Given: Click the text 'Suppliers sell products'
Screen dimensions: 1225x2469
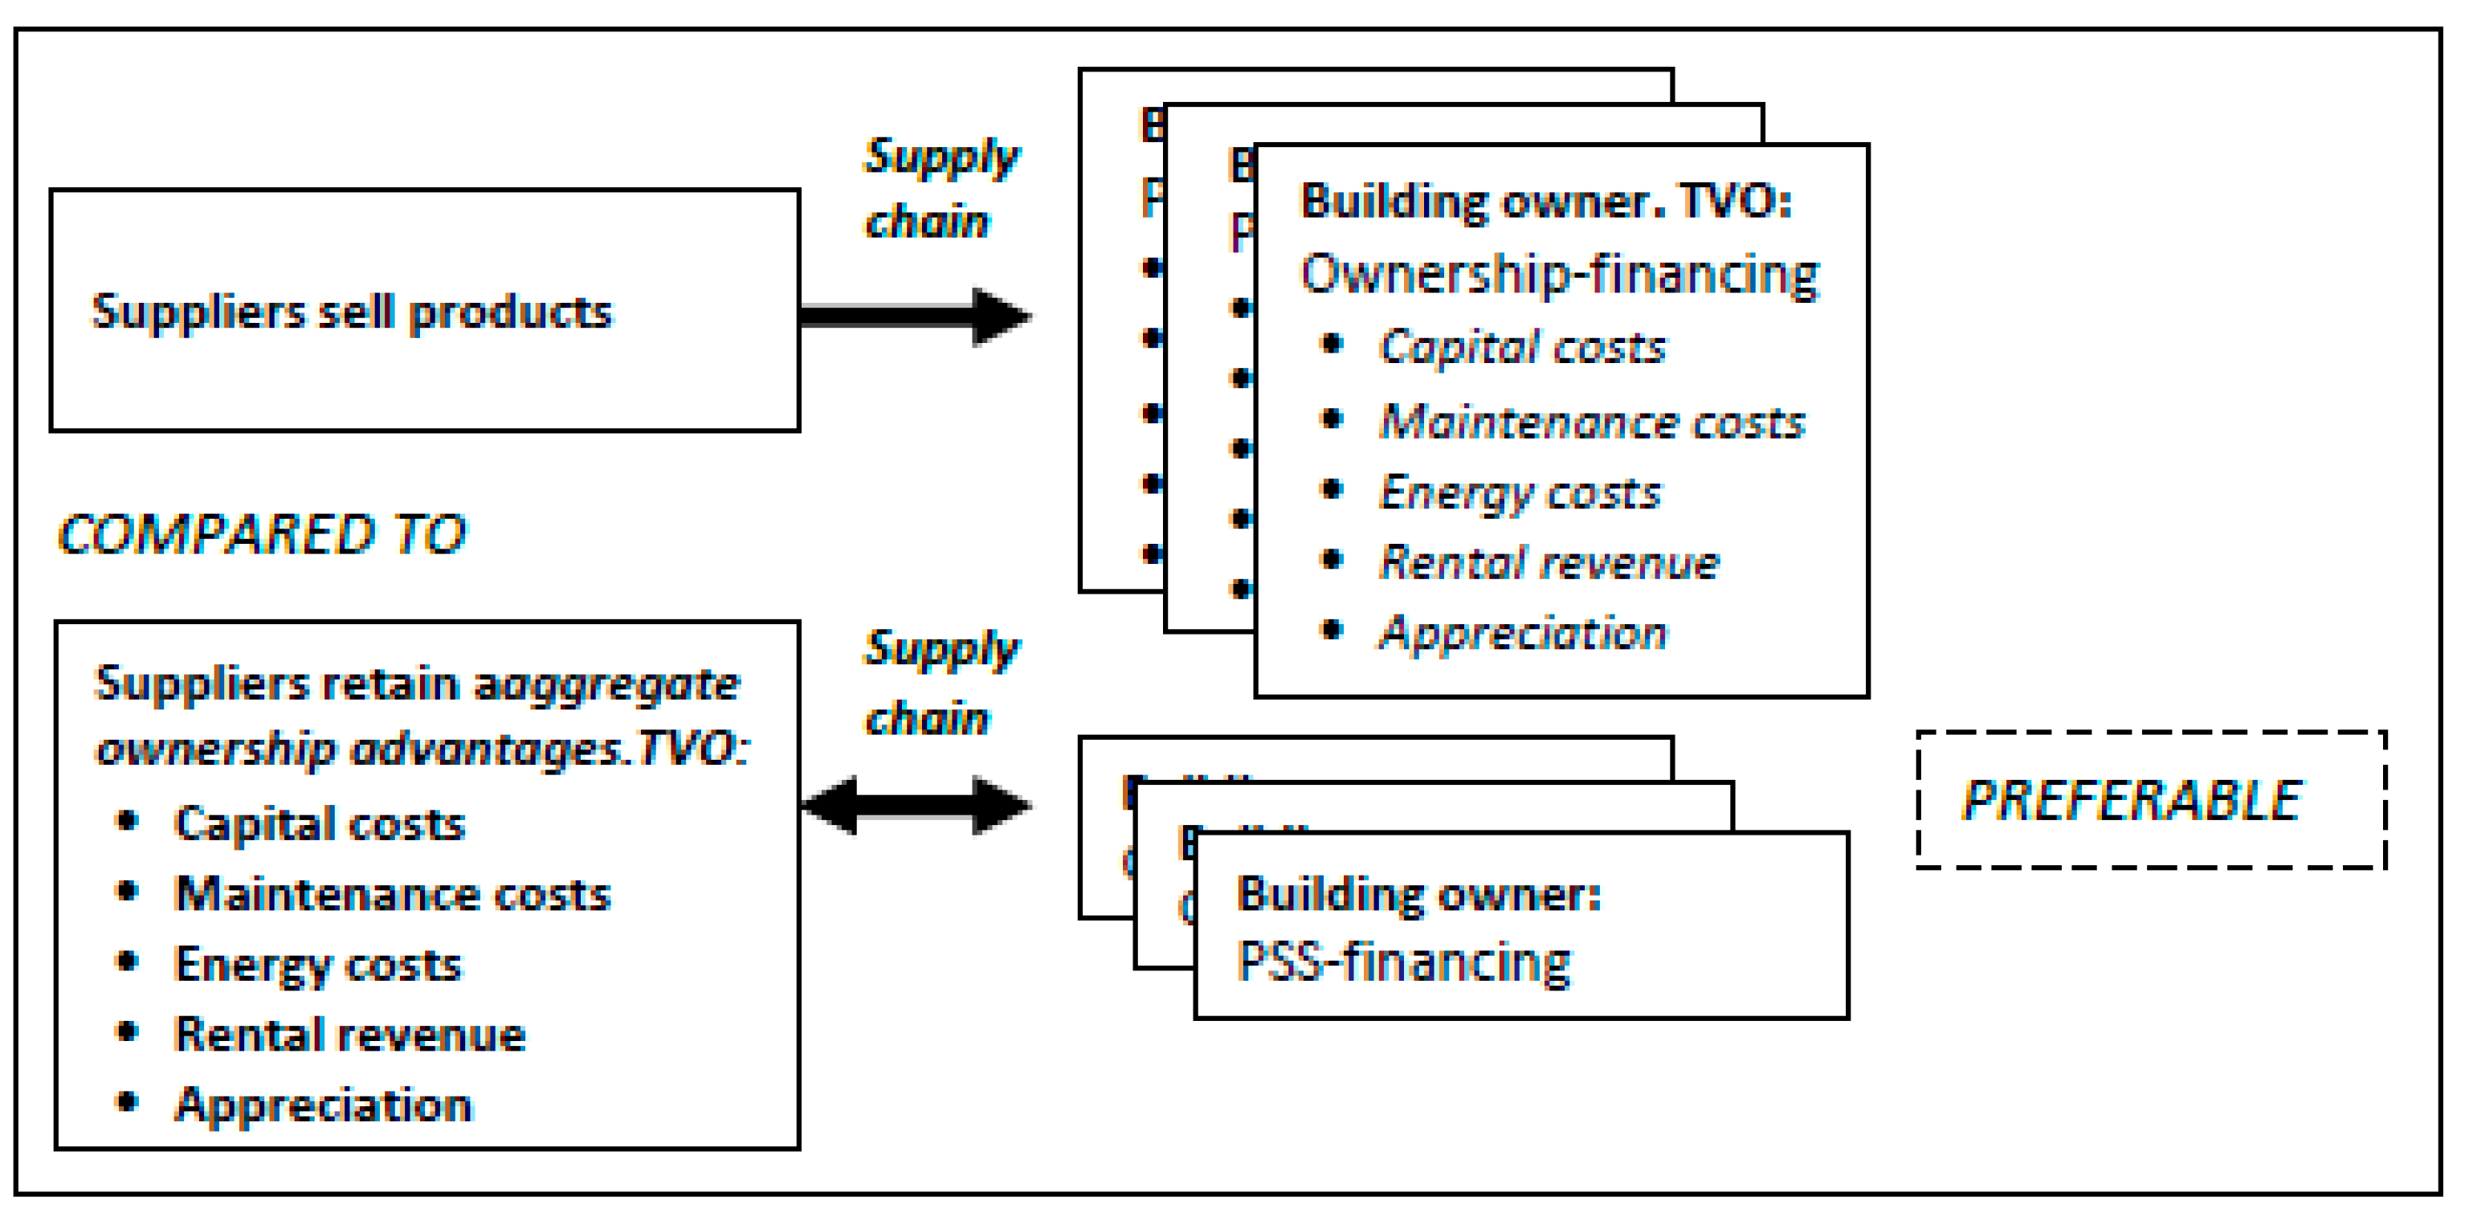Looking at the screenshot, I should tap(351, 312).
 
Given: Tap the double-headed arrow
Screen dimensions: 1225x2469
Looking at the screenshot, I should tap(916, 805).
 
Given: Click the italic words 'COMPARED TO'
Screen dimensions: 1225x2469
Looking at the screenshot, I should tap(262, 535).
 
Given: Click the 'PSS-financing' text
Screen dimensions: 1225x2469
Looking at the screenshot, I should tap(1403, 962).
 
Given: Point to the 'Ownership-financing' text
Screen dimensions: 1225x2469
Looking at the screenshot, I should tap(1558, 274).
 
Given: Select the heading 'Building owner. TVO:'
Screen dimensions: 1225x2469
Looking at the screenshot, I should tap(1545, 202).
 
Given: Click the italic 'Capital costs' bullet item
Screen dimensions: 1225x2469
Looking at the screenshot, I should tap(1522, 347).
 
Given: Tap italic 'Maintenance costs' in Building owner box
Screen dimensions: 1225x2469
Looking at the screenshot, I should tap(1591, 422).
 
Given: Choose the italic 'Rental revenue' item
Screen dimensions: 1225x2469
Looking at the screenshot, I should tap(1549, 562).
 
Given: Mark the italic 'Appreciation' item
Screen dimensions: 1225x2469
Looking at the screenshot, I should tap(1522, 634).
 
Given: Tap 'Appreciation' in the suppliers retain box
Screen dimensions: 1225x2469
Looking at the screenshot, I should tap(324, 1105).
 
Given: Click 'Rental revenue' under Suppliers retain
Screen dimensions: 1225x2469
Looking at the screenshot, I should tap(350, 1035).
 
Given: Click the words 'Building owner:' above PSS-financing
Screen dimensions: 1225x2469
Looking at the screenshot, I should tap(1418, 893).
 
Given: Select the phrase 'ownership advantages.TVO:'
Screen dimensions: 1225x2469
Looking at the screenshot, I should tap(422, 749).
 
